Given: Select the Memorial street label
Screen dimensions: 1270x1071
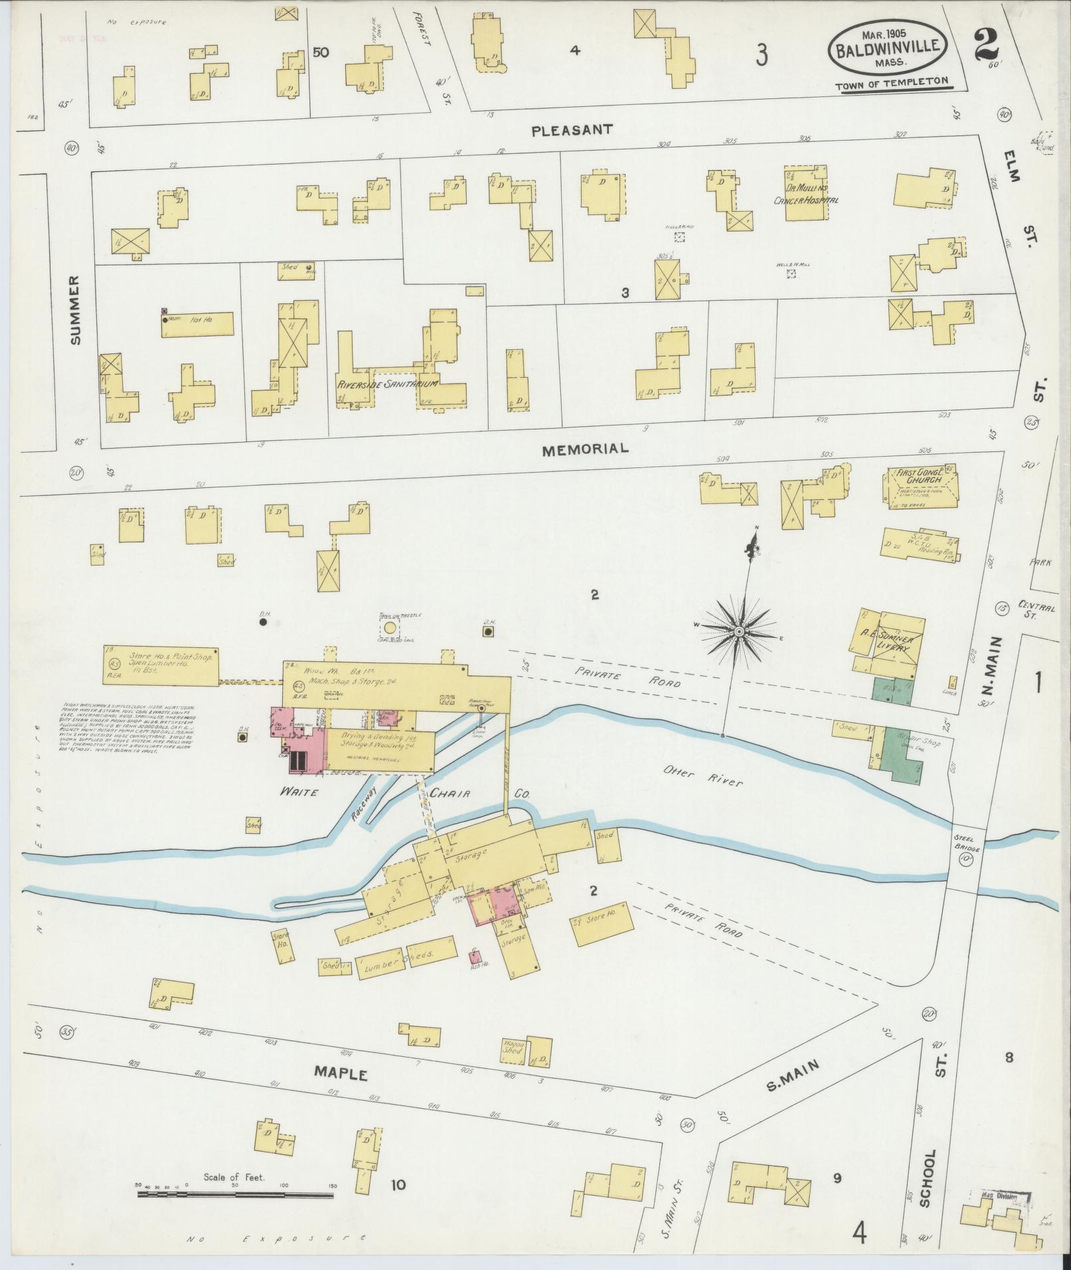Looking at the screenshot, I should (585, 449).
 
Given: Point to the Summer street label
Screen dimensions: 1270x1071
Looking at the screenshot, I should (74, 310).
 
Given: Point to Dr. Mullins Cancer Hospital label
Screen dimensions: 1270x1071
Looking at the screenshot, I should (806, 195).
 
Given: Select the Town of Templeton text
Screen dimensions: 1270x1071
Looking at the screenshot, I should (891, 85).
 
